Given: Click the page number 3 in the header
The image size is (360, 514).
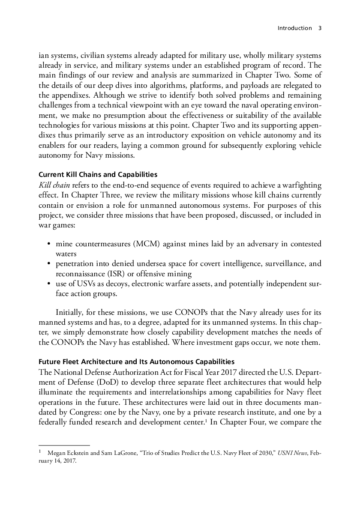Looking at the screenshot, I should [320, 28].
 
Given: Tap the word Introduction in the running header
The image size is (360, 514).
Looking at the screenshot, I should [294, 28].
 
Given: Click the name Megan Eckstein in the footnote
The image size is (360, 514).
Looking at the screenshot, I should [67, 452].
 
